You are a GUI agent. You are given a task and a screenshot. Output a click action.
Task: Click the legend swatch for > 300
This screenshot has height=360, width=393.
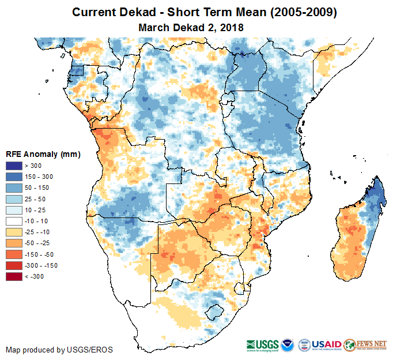(x=14, y=165)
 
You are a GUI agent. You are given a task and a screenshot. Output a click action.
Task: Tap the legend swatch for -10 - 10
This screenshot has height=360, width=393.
(x=14, y=221)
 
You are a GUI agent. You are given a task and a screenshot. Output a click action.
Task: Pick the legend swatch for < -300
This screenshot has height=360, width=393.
(x=14, y=277)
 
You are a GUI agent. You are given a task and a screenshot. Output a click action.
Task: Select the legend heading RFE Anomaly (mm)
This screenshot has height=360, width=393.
(x=43, y=154)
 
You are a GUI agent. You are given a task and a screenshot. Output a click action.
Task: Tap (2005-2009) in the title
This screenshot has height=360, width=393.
(x=298, y=13)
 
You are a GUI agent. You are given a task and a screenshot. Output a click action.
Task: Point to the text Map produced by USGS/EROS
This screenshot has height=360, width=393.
(x=59, y=350)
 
